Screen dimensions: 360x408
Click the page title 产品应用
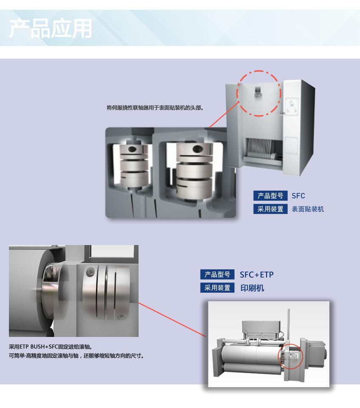pos(51,29)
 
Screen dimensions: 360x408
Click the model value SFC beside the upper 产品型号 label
pos(298,196)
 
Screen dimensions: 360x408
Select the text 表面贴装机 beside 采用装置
pos(308,209)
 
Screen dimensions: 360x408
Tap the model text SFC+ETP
pos(257,274)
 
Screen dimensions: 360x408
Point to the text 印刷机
pos(252,288)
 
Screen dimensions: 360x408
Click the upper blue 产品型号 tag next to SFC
pos(270,196)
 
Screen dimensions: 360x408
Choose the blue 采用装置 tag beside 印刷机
pos(217,288)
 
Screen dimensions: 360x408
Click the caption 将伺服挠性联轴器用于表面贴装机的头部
pos(155,108)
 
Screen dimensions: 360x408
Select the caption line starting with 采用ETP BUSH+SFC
pos(51,347)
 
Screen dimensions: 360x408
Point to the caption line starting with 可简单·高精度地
pos(77,355)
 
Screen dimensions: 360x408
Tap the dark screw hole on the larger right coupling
pos(197,149)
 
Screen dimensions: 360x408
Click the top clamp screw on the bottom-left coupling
pos(90,272)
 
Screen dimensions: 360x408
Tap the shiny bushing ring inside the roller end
pos(51,287)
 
